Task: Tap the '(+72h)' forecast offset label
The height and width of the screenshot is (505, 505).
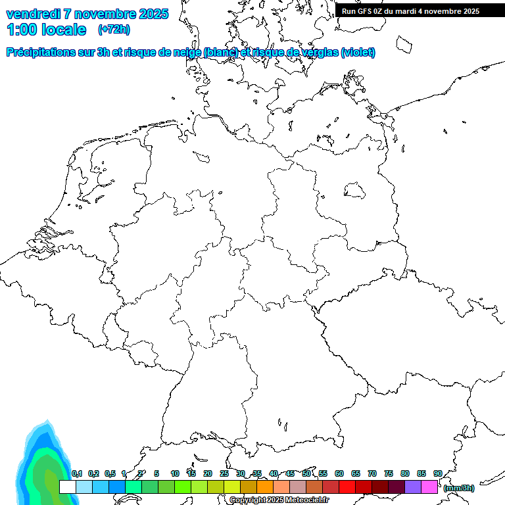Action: click(114, 30)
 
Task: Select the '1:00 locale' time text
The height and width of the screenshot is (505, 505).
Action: click(46, 30)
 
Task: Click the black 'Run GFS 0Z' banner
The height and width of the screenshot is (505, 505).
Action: click(410, 11)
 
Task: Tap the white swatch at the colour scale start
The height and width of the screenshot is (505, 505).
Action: click(67, 487)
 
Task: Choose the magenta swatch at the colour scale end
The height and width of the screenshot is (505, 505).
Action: click(429, 487)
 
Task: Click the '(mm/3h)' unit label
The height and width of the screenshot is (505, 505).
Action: click(458, 488)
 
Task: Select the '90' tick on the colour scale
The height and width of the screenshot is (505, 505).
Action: click(437, 473)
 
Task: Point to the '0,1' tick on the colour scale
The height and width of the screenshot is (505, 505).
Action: click(77, 473)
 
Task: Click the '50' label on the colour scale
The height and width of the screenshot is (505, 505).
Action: click(306, 473)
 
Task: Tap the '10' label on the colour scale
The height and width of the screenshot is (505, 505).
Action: click(175, 473)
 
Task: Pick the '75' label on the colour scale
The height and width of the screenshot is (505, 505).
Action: click(388, 473)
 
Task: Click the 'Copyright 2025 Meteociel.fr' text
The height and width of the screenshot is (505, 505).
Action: click(279, 500)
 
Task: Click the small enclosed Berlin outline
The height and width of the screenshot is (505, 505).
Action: click(356, 190)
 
